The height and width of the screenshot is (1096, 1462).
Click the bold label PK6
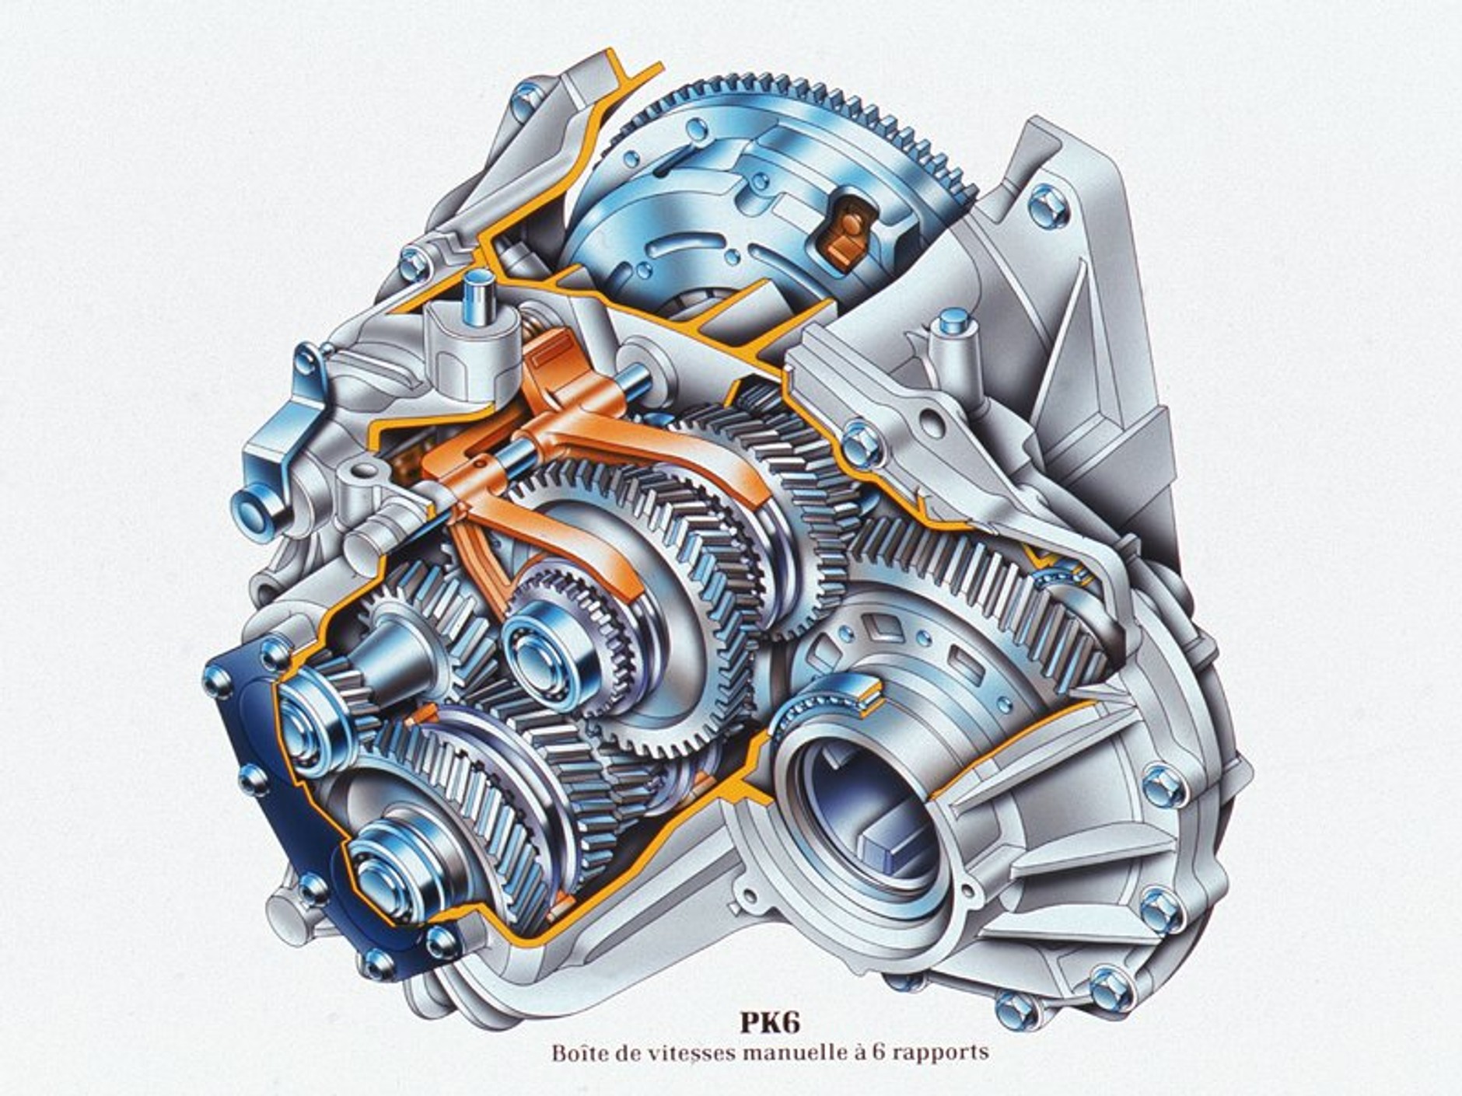[x=769, y=1022]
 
